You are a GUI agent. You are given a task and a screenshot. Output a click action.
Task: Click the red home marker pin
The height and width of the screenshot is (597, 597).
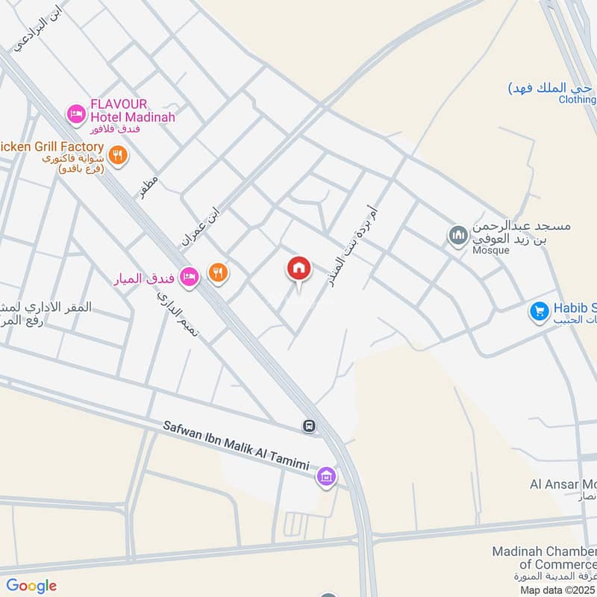[x=299, y=269]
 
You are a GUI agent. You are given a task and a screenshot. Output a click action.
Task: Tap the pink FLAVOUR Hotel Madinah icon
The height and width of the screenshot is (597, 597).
[x=75, y=113]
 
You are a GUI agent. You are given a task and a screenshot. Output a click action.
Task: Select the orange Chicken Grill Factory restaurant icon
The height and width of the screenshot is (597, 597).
[x=117, y=155]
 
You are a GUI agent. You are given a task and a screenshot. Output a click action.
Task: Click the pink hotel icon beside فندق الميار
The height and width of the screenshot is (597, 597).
[x=189, y=276]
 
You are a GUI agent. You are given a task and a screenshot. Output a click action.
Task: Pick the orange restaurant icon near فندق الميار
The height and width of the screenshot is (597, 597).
[x=218, y=274]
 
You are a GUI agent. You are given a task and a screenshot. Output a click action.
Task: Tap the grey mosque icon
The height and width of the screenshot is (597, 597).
[x=457, y=237]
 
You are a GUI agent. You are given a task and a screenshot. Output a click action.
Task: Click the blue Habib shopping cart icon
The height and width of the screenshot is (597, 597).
[x=539, y=311]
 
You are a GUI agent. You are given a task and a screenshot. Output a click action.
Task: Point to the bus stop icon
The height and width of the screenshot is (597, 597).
[x=308, y=426]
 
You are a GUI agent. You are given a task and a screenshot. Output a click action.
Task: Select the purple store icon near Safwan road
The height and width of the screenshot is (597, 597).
[x=325, y=475]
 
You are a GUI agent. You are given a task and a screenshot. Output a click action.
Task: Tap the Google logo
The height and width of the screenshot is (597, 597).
[x=31, y=586]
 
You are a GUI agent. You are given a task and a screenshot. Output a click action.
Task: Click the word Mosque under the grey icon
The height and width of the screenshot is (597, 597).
[x=490, y=250]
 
